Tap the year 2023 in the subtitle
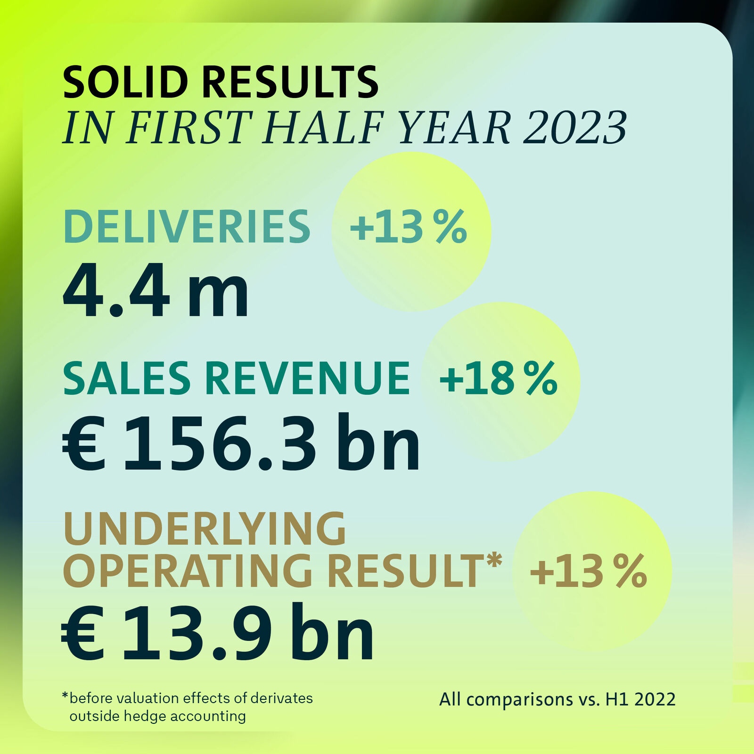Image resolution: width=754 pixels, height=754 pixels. [574, 128]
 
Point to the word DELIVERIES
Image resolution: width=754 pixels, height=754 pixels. [187, 227]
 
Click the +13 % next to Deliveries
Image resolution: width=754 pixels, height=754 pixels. [408, 227]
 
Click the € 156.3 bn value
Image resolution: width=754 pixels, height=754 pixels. [241, 443]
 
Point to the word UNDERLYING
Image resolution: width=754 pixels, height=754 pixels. [205, 529]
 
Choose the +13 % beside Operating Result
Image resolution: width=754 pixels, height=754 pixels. [588, 571]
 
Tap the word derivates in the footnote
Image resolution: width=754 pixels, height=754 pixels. [281, 698]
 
